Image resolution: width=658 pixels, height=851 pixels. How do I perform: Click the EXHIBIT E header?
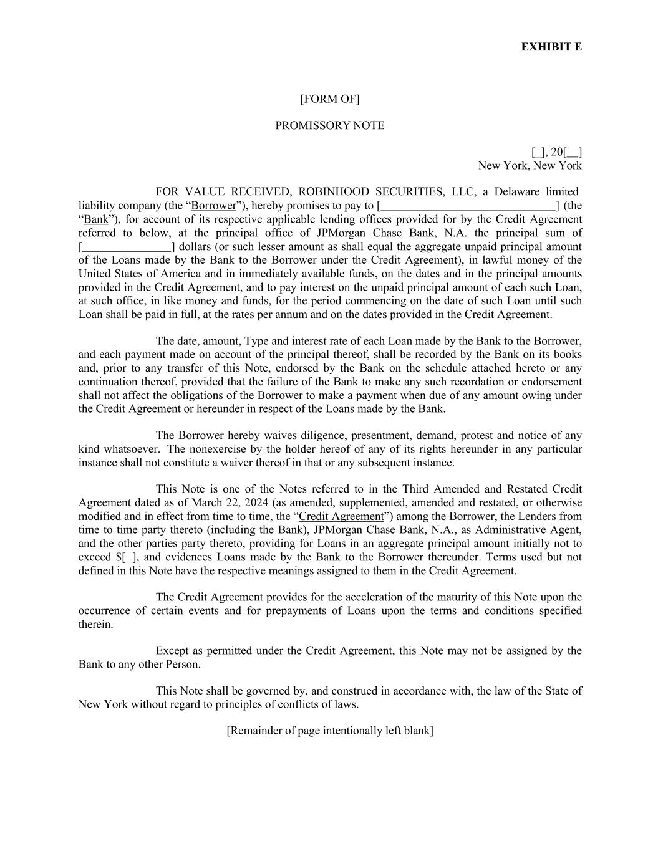pos(551,47)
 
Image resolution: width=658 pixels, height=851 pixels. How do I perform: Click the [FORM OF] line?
pos(329,99)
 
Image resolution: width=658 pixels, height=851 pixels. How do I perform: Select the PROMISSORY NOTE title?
pos(329,125)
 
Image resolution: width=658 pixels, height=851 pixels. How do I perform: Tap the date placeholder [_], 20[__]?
pos(556,151)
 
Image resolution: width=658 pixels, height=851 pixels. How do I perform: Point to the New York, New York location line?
pos(530,165)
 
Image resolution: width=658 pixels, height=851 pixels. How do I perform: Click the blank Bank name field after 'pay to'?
pos(468,205)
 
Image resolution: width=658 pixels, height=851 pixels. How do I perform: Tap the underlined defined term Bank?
pos(95,219)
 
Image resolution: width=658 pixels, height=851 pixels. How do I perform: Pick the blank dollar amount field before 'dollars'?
pos(126,246)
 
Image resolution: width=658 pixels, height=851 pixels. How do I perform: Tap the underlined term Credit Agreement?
pos(341,516)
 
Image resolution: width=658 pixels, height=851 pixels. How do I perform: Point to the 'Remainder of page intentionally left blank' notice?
pos(329,731)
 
